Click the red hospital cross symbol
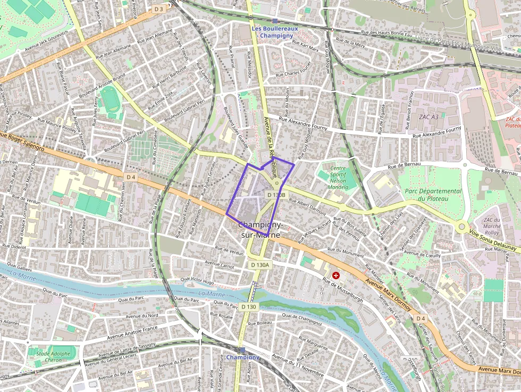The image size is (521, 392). click(336, 275)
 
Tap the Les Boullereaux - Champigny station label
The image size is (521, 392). click(275, 31)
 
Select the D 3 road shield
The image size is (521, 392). click(159, 10)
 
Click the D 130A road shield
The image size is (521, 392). click(260, 264)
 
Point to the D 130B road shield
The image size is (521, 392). click(276, 195)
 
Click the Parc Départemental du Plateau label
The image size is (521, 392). click(433, 195)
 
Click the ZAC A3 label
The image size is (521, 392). click(428, 116)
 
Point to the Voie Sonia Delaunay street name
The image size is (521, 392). click(493, 240)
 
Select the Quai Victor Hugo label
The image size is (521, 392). click(197, 279)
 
